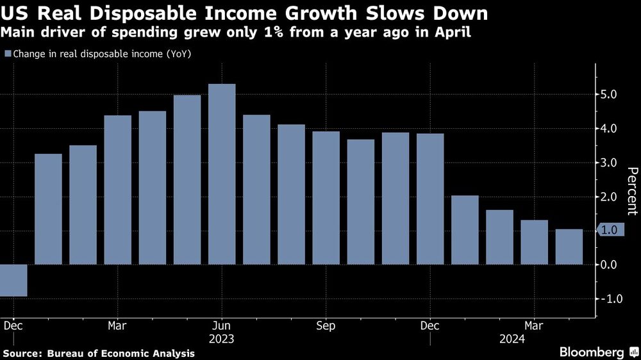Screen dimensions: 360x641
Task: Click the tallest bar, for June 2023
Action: (x=222, y=174)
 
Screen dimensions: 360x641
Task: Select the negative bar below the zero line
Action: (x=13, y=281)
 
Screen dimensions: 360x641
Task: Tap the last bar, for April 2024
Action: (x=569, y=247)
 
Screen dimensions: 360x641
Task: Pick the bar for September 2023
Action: (x=326, y=198)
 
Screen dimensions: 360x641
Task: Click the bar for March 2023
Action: (x=117, y=190)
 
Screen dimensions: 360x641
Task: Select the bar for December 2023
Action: (x=429, y=199)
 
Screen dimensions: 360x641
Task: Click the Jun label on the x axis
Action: (x=221, y=325)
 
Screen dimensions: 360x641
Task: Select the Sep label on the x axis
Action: (x=326, y=325)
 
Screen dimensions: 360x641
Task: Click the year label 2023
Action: (x=221, y=339)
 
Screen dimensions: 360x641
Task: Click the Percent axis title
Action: (x=632, y=190)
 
